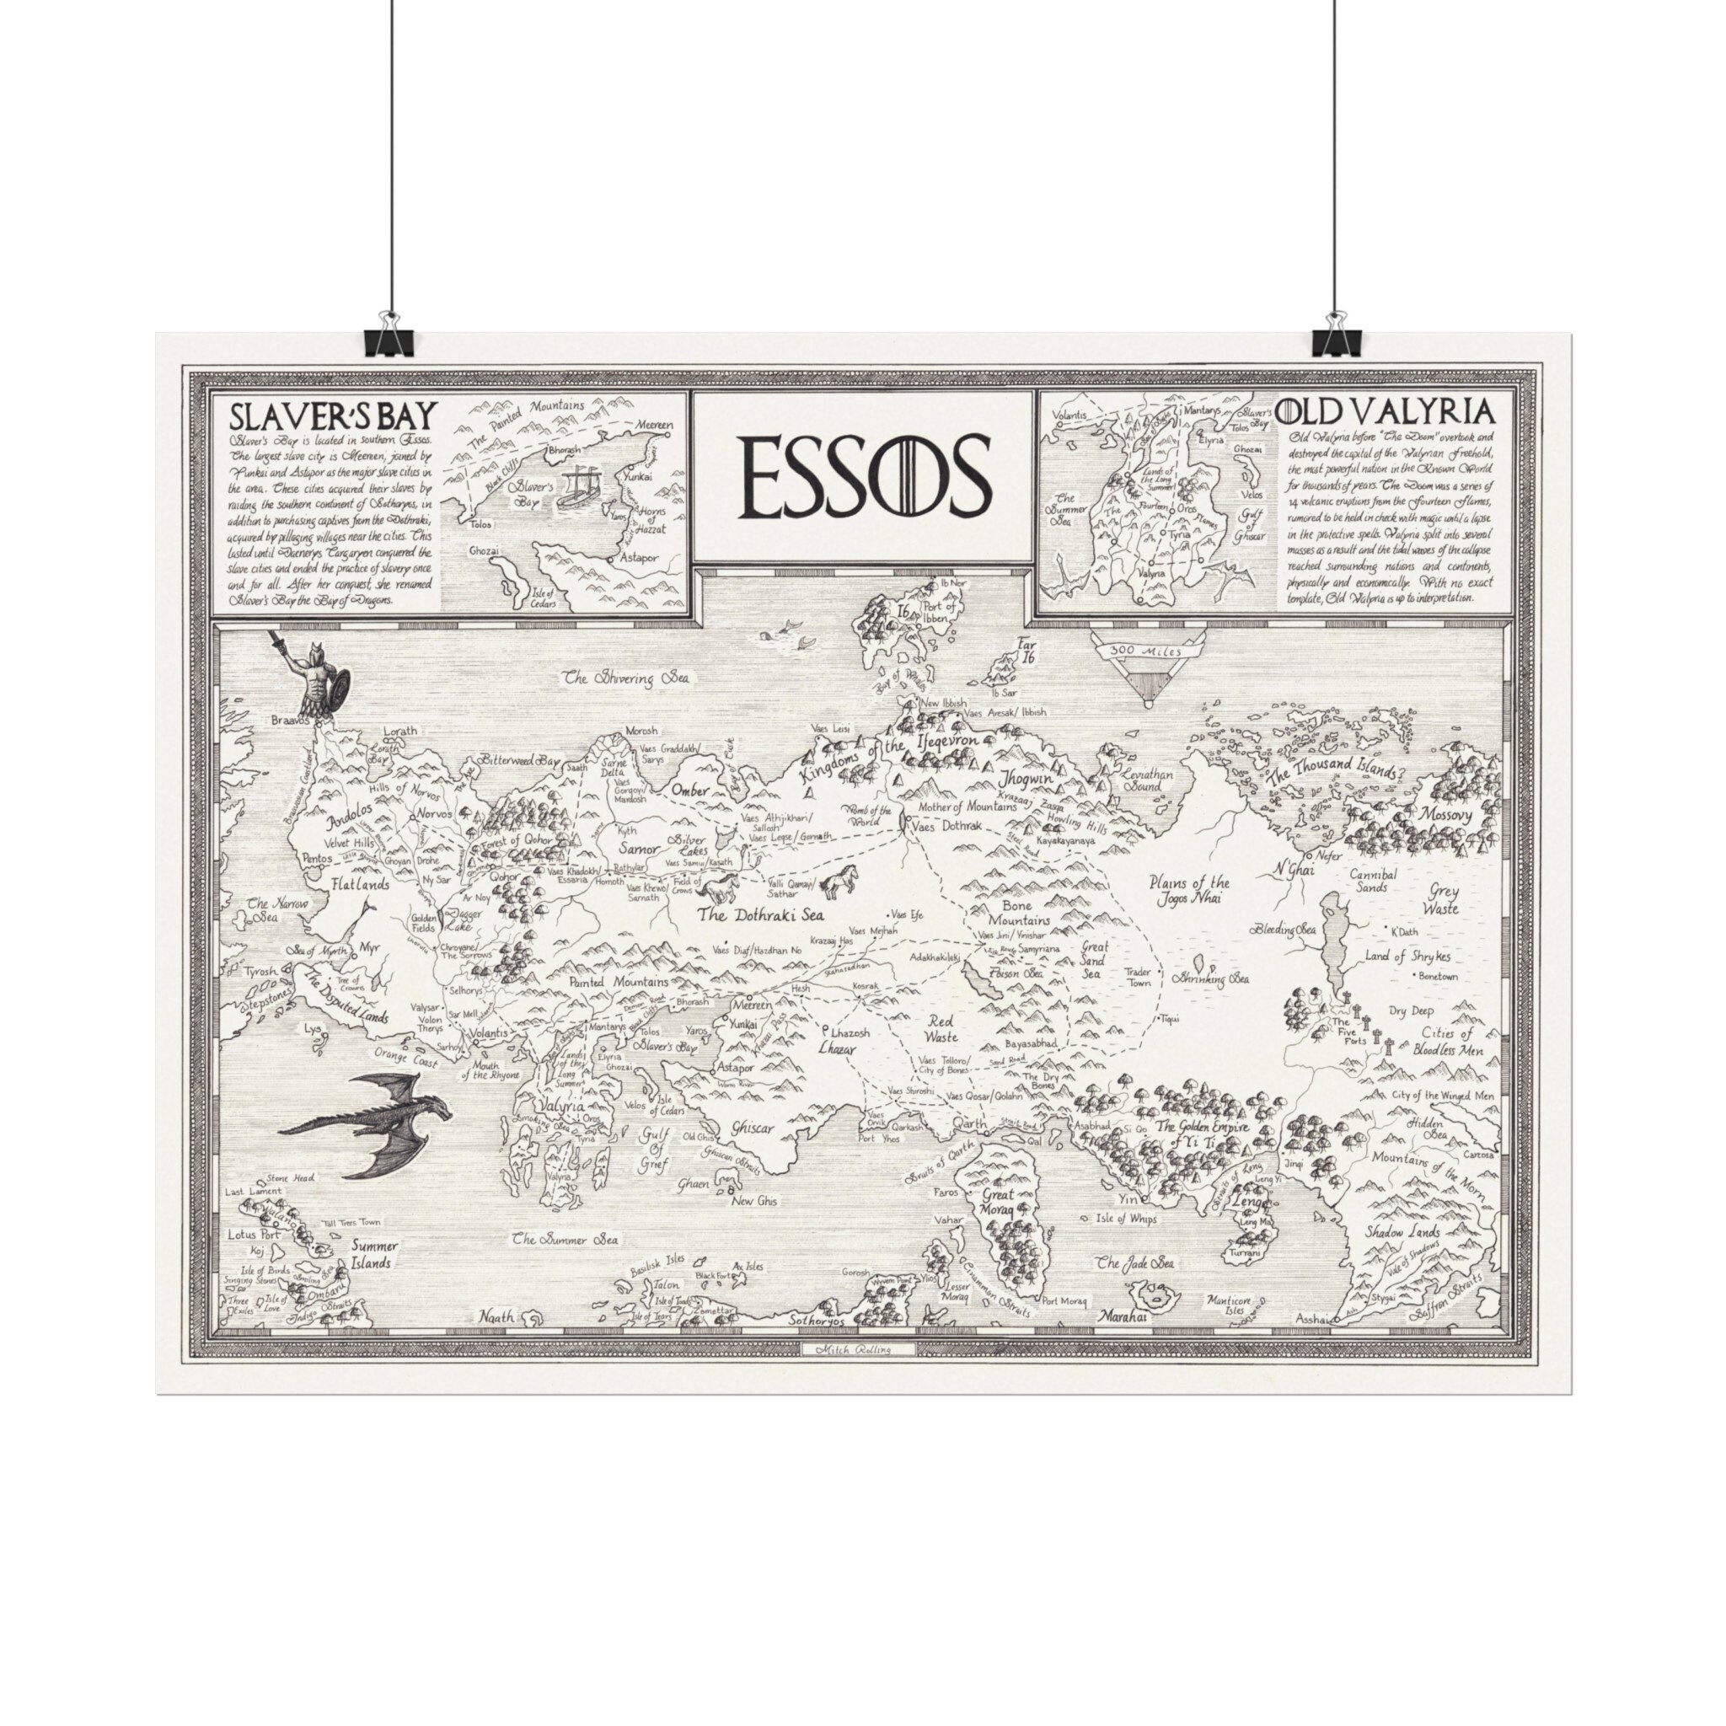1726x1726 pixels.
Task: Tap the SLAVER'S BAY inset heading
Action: (x=332, y=416)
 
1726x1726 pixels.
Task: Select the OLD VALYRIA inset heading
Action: (x=1385, y=411)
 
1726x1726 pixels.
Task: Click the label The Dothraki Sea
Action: (x=760, y=914)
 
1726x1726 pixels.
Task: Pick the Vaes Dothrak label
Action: (x=946, y=828)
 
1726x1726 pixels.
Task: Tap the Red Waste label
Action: (x=941, y=1028)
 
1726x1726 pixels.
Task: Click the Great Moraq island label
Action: (x=998, y=1201)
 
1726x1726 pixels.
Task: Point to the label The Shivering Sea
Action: (x=628, y=679)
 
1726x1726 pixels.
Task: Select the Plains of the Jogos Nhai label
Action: (x=1190, y=890)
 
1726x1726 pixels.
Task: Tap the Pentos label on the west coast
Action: (x=317, y=859)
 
